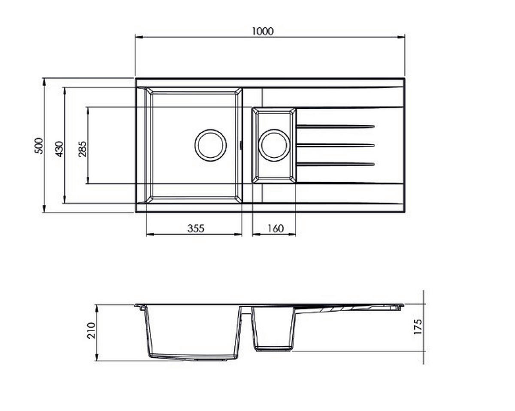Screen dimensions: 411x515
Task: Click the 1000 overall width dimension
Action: [263, 31]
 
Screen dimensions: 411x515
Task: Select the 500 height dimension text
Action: [39, 146]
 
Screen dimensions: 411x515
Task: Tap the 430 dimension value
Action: [59, 148]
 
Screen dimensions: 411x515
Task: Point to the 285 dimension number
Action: [82, 149]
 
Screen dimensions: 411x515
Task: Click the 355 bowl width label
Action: [196, 228]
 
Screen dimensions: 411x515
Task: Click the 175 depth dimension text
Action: [418, 327]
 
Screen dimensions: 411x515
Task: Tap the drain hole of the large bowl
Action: [210, 145]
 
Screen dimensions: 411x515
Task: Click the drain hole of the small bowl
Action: [274, 145]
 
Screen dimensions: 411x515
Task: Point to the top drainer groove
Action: [335, 126]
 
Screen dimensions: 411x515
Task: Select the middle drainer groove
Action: [335, 145]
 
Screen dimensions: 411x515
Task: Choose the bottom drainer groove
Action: [335, 164]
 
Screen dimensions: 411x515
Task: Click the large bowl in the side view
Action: [193, 332]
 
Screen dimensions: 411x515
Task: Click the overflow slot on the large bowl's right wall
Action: [241, 145]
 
